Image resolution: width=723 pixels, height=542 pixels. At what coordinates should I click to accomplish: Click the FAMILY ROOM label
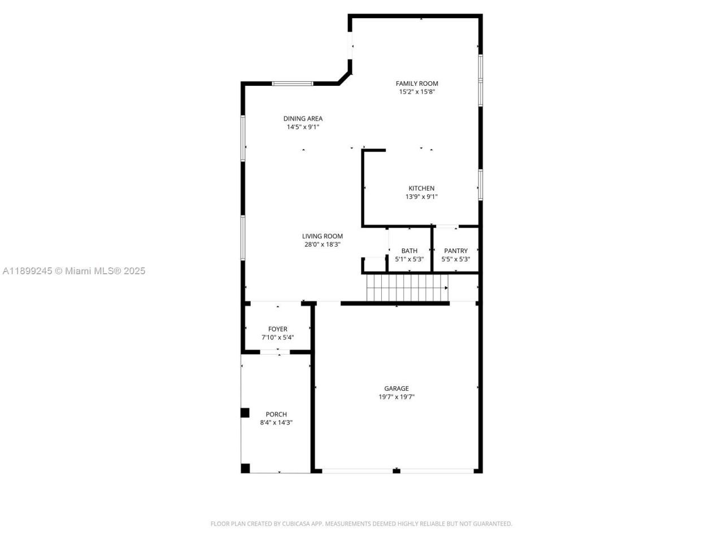point(417,84)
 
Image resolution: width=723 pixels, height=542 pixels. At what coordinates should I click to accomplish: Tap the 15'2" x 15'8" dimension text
point(417,91)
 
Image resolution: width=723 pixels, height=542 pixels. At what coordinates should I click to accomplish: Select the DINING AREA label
point(303,119)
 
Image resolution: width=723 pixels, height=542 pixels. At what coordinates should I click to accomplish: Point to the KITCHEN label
point(421,189)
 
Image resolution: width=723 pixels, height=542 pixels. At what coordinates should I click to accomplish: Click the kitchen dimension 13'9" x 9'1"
point(421,197)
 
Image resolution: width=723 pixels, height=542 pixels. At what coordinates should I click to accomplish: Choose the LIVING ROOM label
point(322,237)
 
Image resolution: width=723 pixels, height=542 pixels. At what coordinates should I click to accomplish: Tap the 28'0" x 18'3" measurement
point(322,244)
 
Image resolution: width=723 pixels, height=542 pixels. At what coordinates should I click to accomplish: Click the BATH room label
point(410,251)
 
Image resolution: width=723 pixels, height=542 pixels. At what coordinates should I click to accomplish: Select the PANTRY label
point(456,251)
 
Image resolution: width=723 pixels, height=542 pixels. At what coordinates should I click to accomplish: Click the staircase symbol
point(407,287)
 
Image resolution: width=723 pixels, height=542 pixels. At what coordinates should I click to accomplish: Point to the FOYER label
point(277,329)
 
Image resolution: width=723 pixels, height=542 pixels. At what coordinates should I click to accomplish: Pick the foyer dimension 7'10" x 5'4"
point(277,338)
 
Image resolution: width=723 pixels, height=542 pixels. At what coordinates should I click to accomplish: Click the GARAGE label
point(397,388)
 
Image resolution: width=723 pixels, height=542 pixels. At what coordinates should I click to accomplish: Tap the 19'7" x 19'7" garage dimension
point(397,397)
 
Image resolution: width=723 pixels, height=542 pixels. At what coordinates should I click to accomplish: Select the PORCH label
point(276,414)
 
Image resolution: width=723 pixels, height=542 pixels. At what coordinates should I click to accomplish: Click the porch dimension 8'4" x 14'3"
point(276,422)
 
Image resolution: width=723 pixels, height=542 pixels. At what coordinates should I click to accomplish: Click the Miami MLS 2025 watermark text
point(74,271)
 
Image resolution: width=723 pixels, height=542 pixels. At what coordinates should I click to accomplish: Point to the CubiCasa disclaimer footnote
point(361,524)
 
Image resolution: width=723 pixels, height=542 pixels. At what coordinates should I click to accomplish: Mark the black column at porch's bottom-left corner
point(245,468)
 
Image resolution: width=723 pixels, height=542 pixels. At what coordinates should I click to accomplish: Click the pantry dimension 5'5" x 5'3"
point(456,259)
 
